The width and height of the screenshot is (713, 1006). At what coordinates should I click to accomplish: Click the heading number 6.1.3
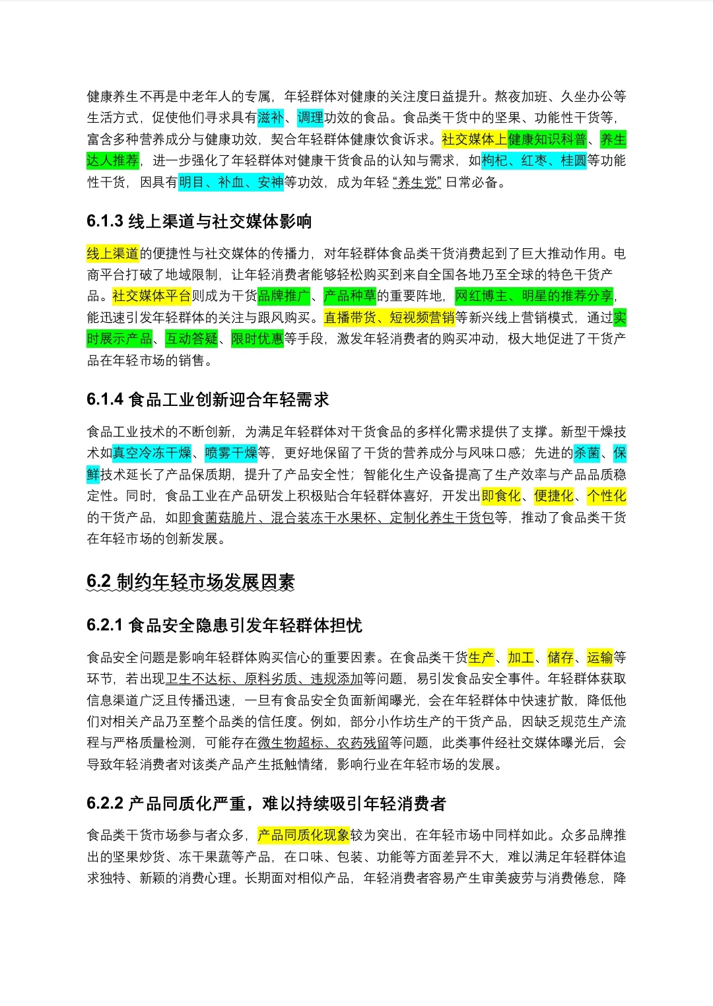point(105,222)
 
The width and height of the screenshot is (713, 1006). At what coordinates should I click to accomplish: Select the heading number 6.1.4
point(105,400)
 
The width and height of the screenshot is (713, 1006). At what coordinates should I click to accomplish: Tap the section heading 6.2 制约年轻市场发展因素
point(190,582)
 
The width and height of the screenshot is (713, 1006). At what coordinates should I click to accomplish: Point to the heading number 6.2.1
point(105,626)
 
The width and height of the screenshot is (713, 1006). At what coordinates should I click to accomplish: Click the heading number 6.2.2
point(105,804)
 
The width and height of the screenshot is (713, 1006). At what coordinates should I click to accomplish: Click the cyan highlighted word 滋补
point(271,118)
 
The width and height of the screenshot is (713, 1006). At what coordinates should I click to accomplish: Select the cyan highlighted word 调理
point(310,118)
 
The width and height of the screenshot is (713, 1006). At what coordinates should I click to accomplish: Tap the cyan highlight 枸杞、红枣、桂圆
point(534,161)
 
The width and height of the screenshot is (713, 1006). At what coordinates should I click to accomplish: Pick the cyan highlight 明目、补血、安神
point(231,183)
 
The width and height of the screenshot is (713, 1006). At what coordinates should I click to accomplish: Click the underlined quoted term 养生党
point(418,183)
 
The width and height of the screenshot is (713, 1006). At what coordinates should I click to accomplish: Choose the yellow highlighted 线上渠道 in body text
point(113,254)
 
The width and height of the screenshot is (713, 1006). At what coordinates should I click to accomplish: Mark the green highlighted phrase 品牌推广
point(284,296)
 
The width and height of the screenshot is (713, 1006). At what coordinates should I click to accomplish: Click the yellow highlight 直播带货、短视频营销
point(390,318)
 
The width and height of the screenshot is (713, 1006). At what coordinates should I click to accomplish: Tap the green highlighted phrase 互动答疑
point(191,339)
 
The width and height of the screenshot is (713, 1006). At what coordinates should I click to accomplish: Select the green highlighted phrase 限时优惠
point(257,339)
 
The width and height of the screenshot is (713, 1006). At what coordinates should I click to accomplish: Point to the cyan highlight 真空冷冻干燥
point(152,453)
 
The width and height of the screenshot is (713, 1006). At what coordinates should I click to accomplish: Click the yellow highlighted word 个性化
point(607,496)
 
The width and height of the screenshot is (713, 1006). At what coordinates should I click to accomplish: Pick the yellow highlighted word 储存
point(560,658)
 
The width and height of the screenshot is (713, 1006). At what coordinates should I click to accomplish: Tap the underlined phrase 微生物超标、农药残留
point(323,743)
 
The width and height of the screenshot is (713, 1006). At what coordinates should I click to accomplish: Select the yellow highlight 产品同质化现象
point(304,836)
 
